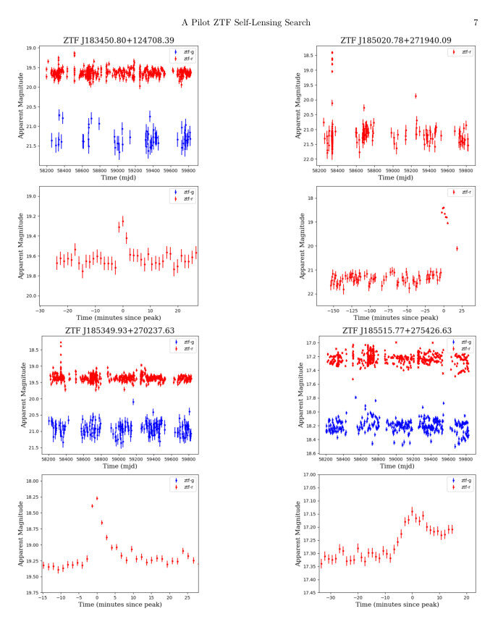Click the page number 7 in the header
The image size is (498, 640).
476,23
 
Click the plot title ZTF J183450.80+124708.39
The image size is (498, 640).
119,41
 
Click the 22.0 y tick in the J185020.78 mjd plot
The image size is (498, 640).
309,159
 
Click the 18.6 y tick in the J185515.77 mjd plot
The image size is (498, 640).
309,453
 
